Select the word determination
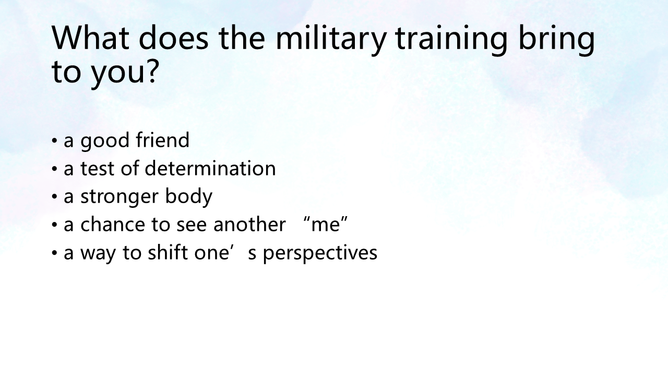(210, 168)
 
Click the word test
(98, 168)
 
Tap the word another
(249, 224)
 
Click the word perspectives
(320, 253)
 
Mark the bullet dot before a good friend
(54, 140)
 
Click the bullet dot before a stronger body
(54, 197)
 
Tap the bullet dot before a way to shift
(54, 253)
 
